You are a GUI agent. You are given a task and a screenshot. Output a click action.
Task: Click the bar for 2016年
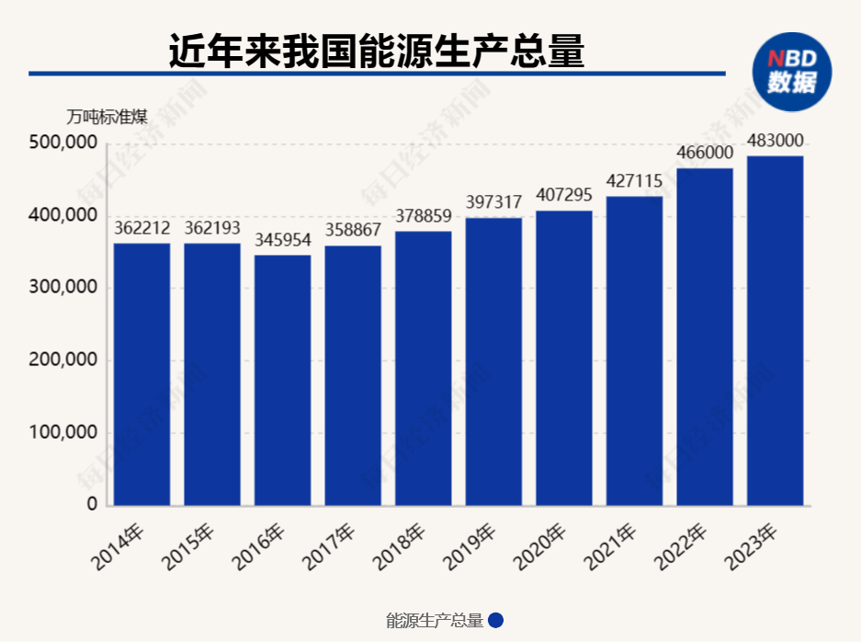pyautogui.click(x=282, y=380)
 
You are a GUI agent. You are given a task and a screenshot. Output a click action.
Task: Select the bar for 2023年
pyautogui.click(x=775, y=330)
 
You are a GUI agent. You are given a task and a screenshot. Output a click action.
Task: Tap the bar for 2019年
pyautogui.click(x=493, y=361)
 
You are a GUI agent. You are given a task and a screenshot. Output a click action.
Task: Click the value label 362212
pyautogui.click(x=142, y=228)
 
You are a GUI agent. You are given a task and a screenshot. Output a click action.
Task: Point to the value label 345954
pyautogui.click(x=282, y=240)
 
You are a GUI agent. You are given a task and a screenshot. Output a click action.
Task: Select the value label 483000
pyautogui.click(x=775, y=141)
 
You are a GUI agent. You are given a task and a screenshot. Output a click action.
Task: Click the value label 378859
pyautogui.click(x=423, y=216)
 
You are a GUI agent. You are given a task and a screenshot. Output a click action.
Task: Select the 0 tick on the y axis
pyautogui.click(x=91, y=505)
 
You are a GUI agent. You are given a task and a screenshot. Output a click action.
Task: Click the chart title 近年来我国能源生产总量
pyautogui.click(x=377, y=51)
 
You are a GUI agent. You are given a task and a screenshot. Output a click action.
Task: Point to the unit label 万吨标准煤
pyautogui.click(x=107, y=117)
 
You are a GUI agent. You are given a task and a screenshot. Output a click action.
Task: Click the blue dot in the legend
pyautogui.click(x=495, y=621)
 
